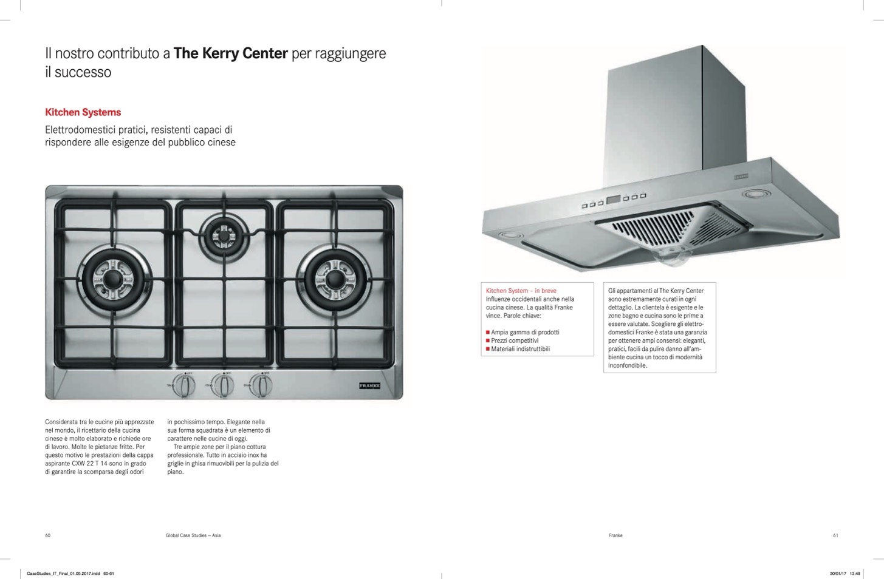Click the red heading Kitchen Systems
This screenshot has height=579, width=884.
pos(83,112)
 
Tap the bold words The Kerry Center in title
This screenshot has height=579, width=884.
pos(230,53)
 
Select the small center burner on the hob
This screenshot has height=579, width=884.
pos(224,236)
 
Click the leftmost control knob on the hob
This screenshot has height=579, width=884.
pos(184,385)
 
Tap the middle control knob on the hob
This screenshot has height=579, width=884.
pos(222,385)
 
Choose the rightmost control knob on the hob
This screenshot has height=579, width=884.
pos(261,385)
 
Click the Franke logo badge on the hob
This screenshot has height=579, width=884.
pos(369,385)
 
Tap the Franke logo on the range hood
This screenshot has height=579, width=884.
pos(741,177)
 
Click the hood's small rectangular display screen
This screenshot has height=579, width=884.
pos(614,200)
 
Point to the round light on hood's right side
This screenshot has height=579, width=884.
pos(756,194)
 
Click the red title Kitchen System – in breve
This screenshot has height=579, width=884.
pos(521,291)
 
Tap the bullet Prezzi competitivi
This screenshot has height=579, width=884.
pos(512,340)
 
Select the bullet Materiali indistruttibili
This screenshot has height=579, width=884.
pos(518,349)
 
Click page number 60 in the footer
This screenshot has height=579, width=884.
pos(48,535)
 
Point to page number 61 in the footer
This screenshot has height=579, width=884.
pos(835,535)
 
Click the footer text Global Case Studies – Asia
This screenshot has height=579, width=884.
pos(193,535)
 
